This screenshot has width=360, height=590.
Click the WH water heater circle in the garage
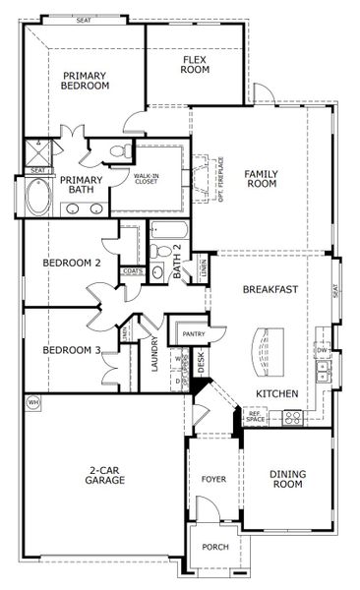coord(32,403)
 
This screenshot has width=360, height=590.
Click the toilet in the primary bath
coord(118,152)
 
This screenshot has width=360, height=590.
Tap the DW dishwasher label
coord(322,350)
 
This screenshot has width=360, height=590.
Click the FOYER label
coord(214,481)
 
